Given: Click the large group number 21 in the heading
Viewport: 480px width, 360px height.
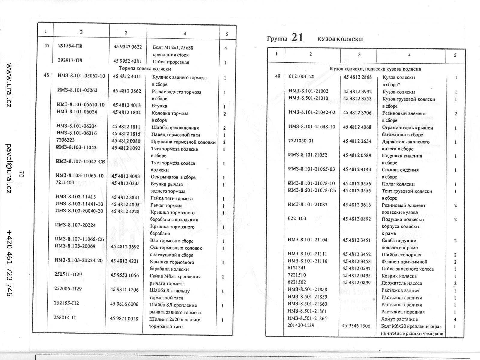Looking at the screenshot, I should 297,38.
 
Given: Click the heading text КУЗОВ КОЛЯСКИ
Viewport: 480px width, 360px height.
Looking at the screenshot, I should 340,39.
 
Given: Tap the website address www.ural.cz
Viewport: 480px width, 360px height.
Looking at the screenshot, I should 9,85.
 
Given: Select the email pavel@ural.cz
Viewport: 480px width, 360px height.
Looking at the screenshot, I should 9,168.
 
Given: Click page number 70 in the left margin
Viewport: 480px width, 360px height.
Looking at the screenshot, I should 21,174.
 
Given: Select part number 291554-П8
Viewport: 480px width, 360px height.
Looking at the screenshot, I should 70,46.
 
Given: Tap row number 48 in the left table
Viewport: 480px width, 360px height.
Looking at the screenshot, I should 46,75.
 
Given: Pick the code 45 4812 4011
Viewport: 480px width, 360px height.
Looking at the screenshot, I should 127,76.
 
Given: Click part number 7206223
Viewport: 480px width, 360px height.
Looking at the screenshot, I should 65,140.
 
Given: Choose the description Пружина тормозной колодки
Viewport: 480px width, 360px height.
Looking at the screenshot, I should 183,142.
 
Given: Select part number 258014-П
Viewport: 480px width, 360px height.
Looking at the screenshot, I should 64,317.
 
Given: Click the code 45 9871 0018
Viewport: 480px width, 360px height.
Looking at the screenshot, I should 124,319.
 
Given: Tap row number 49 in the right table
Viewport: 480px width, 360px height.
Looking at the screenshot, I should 277,76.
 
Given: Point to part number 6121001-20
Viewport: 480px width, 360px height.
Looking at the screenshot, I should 301,76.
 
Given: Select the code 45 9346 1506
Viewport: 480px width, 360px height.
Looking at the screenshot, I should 356,326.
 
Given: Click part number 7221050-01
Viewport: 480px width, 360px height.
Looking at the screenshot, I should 301,141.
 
